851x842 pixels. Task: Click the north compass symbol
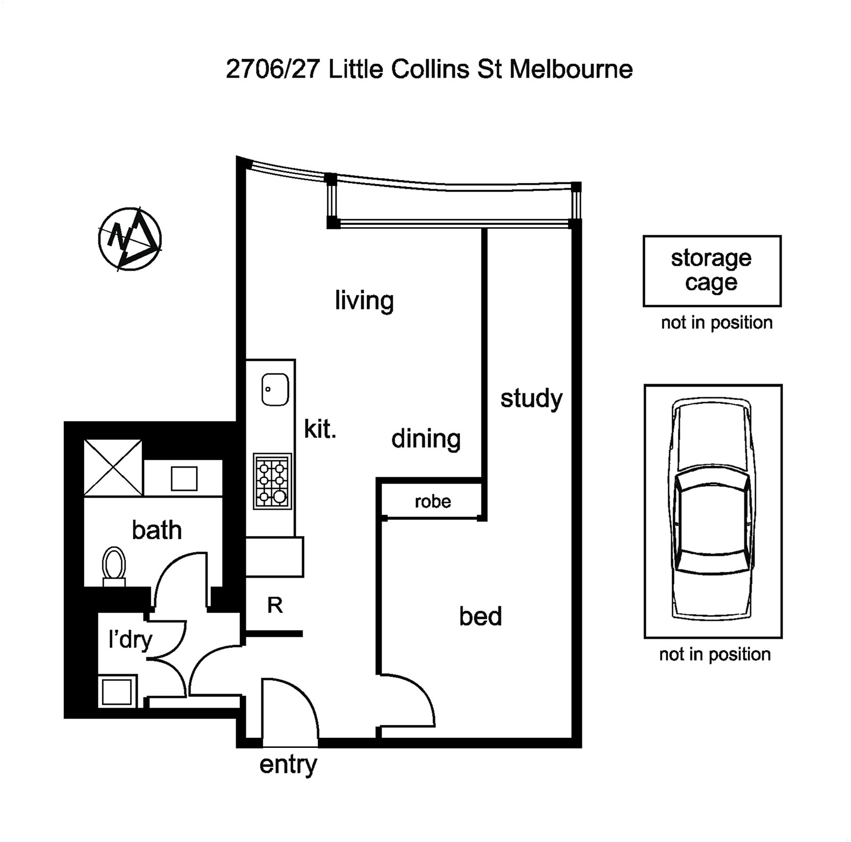[x=130, y=239]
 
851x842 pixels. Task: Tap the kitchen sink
[x=275, y=389]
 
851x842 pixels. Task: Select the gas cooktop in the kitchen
[x=272, y=481]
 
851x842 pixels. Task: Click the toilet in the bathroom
[x=114, y=565]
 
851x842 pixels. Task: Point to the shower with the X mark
[x=113, y=468]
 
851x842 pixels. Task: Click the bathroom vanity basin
[x=184, y=478]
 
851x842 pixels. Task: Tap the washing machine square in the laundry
[x=117, y=691]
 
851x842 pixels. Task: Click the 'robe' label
[x=432, y=501]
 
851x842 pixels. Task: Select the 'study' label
[x=531, y=398]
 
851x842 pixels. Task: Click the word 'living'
[x=364, y=301]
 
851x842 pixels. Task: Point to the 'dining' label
[x=425, y=439]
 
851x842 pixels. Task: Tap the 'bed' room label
[x=480, y=616]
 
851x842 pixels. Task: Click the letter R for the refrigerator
[x=274, y=605]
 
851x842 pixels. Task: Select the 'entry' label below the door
[x=288, y=764]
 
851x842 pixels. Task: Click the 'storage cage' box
[x=712, y=271]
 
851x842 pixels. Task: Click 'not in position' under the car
[x=714, y=654]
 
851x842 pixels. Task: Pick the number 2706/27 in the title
[x=272, y=69]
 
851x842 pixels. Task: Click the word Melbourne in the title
[x=571, y=69]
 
